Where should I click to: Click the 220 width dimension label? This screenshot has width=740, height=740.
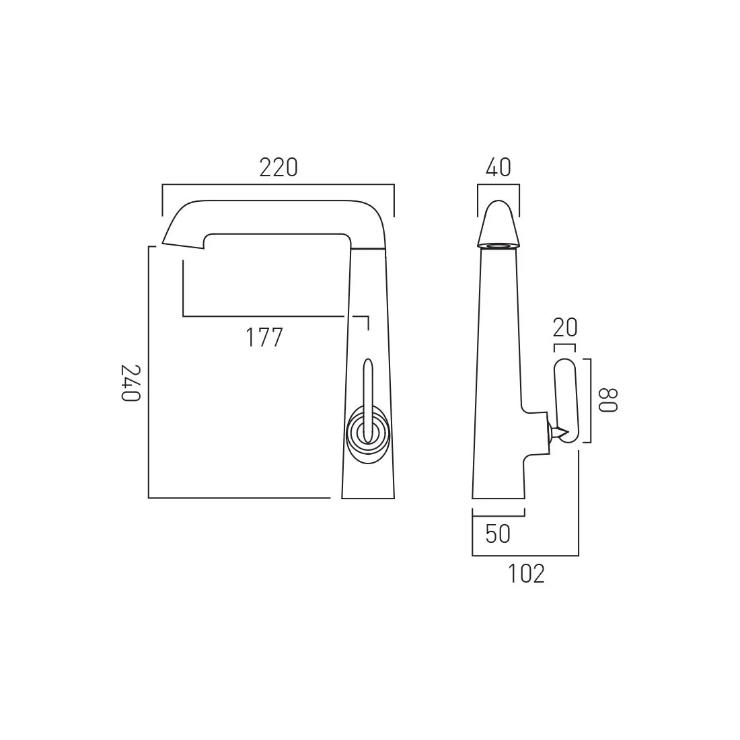(x=278, y=168)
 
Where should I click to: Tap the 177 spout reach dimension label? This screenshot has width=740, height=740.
(x=263, y=337)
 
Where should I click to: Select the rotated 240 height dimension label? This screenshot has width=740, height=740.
(x=131, y=383)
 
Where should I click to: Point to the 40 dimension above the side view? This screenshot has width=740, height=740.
(x=498, y=168)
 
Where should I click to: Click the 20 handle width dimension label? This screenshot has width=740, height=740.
(x=565, y=328)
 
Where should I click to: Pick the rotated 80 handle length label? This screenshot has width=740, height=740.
(x=607, y=400)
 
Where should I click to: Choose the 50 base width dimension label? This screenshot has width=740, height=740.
(x=498, y=533)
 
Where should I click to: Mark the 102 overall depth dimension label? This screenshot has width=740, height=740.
(x=526, y=574)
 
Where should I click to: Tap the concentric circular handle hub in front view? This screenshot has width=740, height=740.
(x=367, y=431)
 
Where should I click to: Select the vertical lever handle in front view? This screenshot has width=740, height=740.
(x=367, y=390)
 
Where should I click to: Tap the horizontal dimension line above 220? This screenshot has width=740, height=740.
(x=278, y=184)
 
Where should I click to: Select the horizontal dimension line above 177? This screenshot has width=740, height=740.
(x=269, y=316)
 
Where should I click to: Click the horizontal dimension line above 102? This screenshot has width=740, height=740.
(x=525, y=556)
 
